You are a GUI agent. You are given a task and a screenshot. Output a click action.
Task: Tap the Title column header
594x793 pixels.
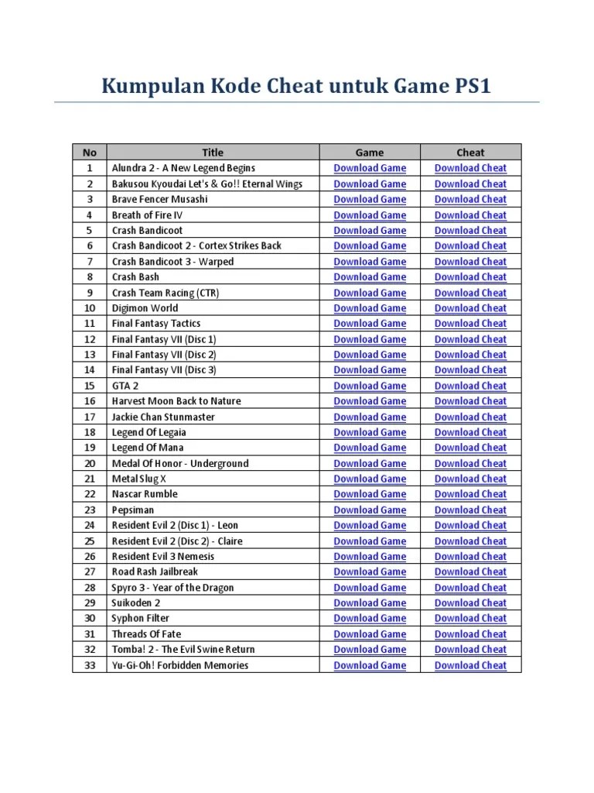coord(213,153)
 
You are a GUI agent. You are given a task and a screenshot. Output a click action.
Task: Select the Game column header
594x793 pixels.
coord(370,153)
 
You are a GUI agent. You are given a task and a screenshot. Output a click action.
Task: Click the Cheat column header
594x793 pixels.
coord(470,153)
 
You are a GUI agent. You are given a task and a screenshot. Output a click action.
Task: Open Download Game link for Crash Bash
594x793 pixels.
coord(370,276)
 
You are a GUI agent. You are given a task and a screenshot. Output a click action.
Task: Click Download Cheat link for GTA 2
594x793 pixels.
coord(470,386)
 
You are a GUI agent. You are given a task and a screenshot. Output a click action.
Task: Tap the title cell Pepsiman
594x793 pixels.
coord(133,510)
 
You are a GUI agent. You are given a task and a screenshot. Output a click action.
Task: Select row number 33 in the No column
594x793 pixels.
coord(90,665)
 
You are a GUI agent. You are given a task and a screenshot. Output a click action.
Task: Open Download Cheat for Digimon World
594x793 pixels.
coord(470,307)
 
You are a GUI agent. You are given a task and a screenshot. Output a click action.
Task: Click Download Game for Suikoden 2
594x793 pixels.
coord(370,602)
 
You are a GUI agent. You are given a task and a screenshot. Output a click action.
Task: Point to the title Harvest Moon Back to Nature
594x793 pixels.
coord(176,401)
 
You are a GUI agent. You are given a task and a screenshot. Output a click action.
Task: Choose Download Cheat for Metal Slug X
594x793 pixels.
coord(470,479)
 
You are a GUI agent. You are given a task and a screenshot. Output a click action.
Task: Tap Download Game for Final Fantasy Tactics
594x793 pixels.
coord(370,323)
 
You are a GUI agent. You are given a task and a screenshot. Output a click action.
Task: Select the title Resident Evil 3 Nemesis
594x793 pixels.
coord(163,556)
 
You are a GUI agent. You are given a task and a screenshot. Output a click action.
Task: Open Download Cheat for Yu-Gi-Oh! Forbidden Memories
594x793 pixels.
coord(470,665)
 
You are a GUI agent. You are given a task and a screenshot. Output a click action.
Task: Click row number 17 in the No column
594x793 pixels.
coord(90,417)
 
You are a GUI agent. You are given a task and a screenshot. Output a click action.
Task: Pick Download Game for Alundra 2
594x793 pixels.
coord(370,168)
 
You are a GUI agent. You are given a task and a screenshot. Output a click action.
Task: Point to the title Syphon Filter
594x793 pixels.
coord(141,618)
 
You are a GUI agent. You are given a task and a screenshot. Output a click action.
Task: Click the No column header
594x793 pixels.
coord(90,153)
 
